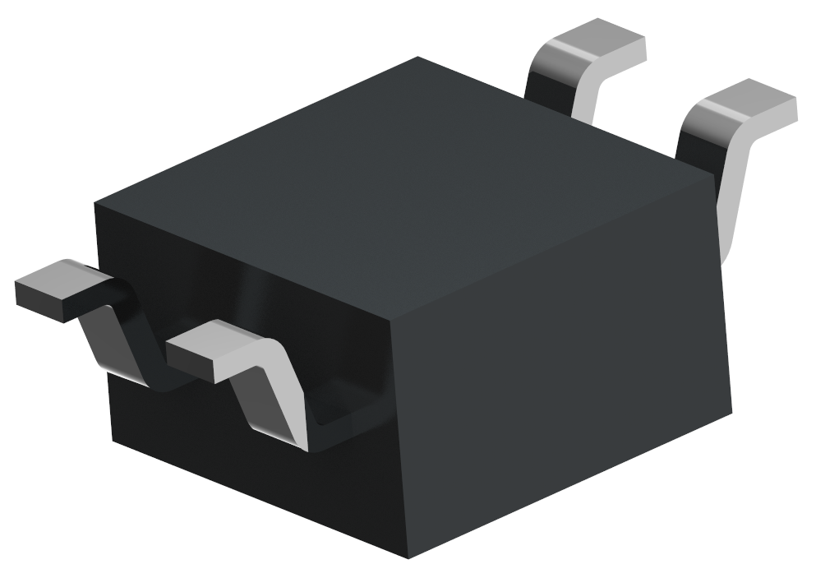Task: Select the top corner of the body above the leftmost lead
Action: [x=95, y=201]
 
